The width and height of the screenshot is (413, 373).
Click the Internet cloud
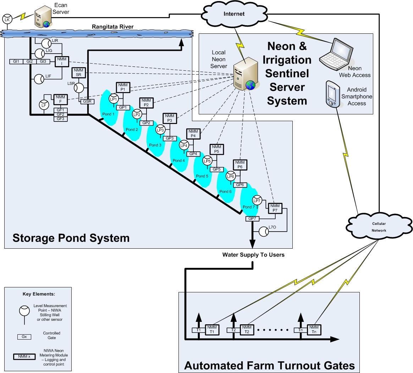(234, 14)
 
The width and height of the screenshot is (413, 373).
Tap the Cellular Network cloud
(378, 227)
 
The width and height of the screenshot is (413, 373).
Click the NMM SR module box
(78, 72)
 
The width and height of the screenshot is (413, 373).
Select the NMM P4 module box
(193, 134)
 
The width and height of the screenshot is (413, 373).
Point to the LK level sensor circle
(7, 20)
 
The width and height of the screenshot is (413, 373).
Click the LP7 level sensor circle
(257, 200)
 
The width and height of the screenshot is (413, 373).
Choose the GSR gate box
(87, 102)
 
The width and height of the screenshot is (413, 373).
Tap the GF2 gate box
(60, 114)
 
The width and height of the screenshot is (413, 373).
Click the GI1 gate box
(16, 61)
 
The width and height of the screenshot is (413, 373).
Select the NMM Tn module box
(314, 330)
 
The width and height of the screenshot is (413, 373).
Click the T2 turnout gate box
(233, 330)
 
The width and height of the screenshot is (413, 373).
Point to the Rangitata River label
(112, 27)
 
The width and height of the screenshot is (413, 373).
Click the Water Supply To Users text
(253, 255)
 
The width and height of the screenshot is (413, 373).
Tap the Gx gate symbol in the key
(24, 336)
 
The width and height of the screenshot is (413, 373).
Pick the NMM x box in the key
(24, 356)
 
